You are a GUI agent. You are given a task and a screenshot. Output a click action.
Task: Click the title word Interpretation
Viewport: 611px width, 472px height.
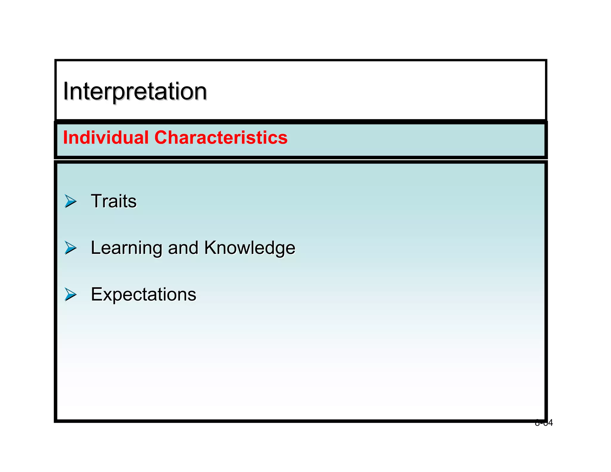click(x=135, y=91)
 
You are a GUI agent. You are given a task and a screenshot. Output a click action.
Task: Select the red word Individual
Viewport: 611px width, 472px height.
click(x=106, y=138)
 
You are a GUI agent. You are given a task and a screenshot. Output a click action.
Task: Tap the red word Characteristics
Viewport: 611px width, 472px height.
click(x=221, y=138)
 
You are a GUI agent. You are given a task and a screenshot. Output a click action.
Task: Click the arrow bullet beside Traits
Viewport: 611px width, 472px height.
click(x=70, y=201)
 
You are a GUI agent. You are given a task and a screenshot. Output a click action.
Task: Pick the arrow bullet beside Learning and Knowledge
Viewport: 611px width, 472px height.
click(x=70, y=248)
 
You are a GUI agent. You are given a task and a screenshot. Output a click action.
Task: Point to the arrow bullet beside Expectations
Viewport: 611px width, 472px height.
click(x=70, y=294)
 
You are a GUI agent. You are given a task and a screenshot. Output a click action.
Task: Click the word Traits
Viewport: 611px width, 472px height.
click(x=114, y=201)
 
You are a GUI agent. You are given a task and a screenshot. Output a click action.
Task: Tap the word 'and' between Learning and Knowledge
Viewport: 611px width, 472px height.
click(x=183, y=248)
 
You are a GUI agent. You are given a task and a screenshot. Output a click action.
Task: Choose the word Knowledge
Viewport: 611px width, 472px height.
click(x=250, y=248)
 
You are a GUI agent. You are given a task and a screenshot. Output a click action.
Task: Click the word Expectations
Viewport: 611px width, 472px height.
click(x=144, y=294)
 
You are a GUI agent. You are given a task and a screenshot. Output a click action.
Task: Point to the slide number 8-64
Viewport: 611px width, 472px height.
click(x=544, y=423)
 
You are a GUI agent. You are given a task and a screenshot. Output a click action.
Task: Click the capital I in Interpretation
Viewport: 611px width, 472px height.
click(x=66, y=91)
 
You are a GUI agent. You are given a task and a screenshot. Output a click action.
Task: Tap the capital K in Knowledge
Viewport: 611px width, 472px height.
click(x=211, y=248)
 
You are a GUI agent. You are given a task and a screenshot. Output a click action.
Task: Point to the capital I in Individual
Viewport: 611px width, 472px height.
click(x=65, y=138)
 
